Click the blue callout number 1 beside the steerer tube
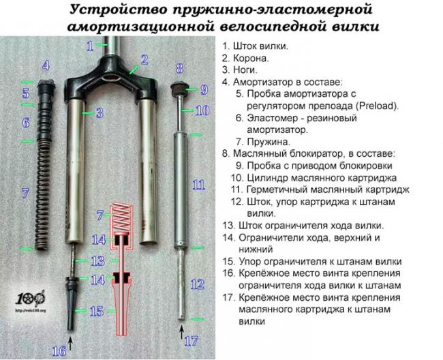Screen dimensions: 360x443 pos(89,46)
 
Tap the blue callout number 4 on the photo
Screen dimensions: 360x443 pos(46,65)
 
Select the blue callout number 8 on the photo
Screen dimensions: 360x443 pos(179,68)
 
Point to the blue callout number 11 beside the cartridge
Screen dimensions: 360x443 pos(198,185)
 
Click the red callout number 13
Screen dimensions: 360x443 pos(98,260)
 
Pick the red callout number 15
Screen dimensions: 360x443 pos(97,310)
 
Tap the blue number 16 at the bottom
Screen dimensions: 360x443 pos(60,350)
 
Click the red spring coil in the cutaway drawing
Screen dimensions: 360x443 pos(123,215)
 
